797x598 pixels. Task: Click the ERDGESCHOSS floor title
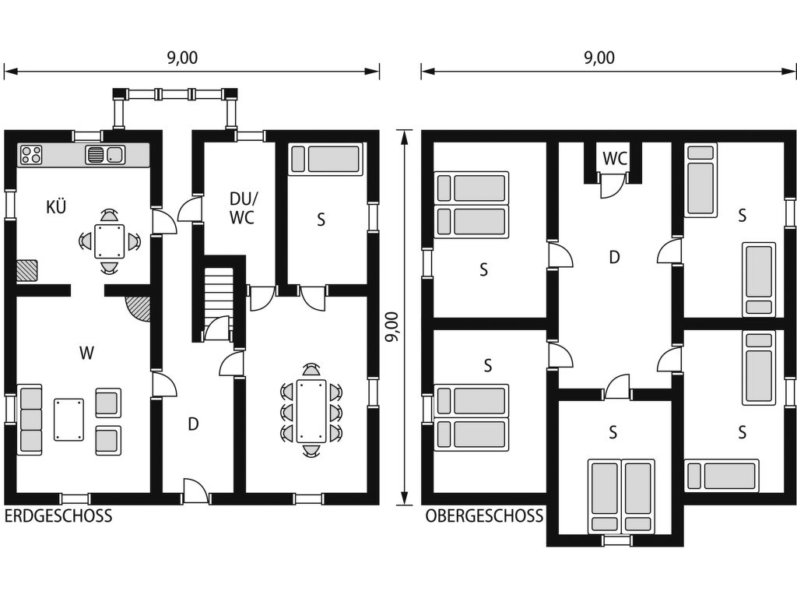pos(58,515)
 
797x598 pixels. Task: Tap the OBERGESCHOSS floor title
pos(484,515)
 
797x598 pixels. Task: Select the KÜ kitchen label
pos(56,206)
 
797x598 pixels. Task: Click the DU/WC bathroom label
pos(242,207)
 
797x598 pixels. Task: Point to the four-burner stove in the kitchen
pos(31,155)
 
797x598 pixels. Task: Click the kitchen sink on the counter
pos(105,155)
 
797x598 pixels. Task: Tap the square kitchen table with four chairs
pos(109,241)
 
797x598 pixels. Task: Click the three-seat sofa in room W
pos(30,420)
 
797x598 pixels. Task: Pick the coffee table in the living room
pos(69,420)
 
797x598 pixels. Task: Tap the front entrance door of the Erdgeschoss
pos(195,491)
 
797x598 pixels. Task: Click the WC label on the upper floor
pos(615,158)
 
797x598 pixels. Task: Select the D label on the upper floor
pos(614,257)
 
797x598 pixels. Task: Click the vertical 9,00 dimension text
pos(393,326)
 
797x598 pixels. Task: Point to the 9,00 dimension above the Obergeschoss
pos(599,58)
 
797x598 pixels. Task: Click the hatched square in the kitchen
pos(27,270)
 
